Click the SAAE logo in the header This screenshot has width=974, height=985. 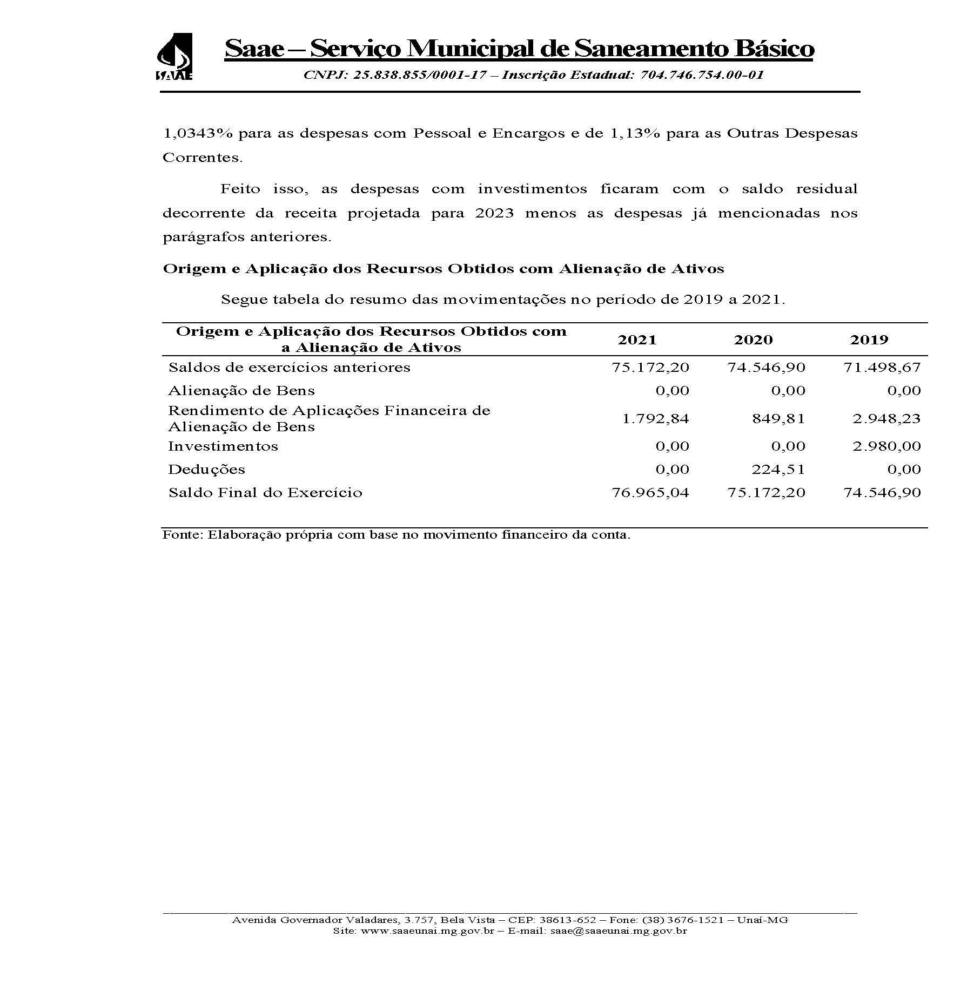174,57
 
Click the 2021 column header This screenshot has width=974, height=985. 637,340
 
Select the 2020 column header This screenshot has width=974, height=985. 753,340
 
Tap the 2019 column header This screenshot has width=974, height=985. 869,340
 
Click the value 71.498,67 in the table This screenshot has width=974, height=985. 882,368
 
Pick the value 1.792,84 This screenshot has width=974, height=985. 655,419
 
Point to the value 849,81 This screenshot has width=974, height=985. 778,419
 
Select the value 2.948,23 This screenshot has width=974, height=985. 886,419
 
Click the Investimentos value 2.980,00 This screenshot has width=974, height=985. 886,446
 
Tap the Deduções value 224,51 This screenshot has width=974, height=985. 778,470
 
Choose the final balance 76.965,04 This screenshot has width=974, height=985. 650,493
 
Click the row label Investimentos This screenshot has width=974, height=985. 223,446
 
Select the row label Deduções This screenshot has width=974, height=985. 206,470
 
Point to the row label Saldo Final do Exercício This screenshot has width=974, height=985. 265,493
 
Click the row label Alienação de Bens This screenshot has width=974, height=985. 241,391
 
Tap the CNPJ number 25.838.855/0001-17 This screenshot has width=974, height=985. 419,75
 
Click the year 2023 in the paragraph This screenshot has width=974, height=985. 494,213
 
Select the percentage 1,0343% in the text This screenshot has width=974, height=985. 197,133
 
